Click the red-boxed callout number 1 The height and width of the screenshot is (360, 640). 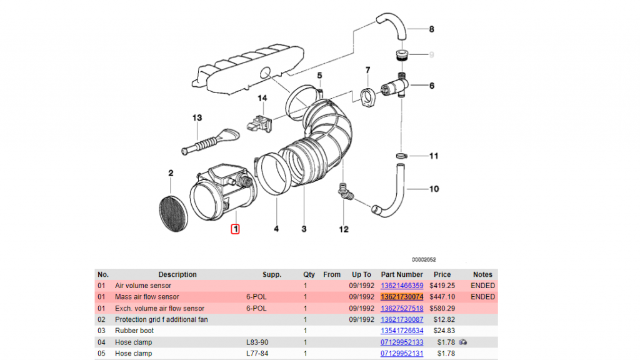235,229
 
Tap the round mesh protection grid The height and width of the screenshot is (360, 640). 174,214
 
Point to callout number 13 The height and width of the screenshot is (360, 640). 197,117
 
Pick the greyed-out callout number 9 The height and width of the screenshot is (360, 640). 431,55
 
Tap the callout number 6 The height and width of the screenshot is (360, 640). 432,86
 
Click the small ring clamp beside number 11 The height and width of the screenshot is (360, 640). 402,156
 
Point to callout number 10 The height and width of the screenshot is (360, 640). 434,189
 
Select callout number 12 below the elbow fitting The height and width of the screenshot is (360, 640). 344,229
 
